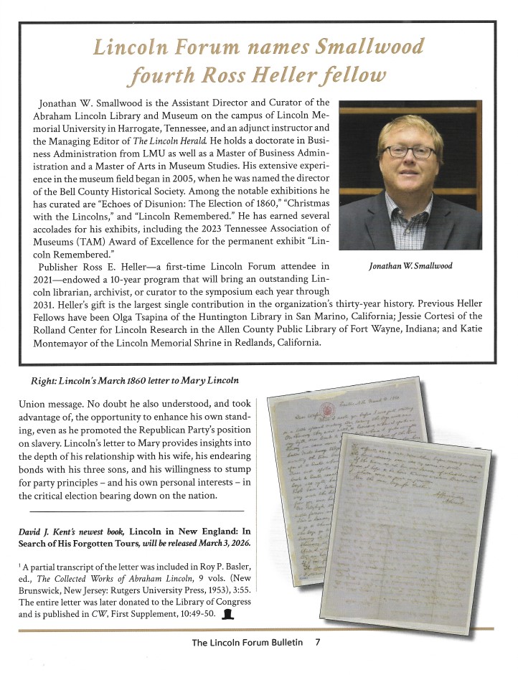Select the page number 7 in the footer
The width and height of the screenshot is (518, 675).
click(x=316, y=642)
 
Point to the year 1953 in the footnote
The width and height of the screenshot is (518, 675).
click(x=207, y=590)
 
